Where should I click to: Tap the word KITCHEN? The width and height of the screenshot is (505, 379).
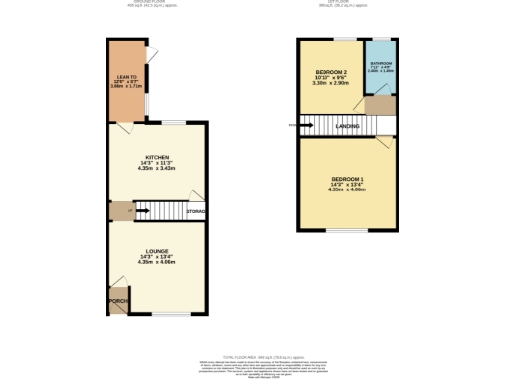(x=158, y=158)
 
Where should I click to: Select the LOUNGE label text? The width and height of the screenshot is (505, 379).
(x=158, y=250)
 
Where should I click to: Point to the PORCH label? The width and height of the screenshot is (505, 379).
(x=118, y=301)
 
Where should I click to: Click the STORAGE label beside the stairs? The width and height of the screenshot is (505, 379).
(x=196, y=210)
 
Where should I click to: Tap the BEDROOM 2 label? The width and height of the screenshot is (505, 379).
(x=331, y=74)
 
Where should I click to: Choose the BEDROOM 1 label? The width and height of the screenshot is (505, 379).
(x=347, y=178)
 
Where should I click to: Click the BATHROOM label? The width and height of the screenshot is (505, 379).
(x=381, y=63)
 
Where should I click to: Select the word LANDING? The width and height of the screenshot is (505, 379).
(x=347, y=126)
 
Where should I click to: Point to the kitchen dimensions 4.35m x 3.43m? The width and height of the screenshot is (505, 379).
(x=158, y=169)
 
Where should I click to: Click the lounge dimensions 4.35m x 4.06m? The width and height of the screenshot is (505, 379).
(x=158, y=262)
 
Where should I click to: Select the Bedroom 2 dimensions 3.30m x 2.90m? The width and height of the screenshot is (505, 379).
(x=331, y=85)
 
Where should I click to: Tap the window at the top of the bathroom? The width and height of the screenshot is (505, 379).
(x=381, y=38)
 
